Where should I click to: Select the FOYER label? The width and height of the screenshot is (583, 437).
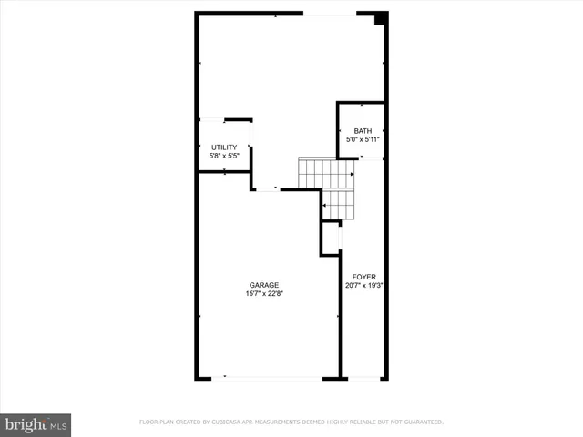[364, 276]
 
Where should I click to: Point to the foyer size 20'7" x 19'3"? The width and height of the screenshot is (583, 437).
[364, 285]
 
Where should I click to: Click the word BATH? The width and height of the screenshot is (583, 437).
[363, 131]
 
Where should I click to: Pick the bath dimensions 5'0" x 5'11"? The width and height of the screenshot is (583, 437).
[363, 140]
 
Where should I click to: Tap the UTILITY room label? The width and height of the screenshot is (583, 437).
[224, 147]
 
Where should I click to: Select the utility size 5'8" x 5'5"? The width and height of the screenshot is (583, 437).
[224, 157]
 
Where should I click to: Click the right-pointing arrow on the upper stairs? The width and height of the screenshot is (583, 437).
[351, 172]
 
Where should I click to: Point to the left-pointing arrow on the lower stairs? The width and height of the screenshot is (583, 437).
[324, 206]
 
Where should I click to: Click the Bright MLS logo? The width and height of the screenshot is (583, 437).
[36, 424]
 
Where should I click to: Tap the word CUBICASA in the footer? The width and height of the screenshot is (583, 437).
[229, 422]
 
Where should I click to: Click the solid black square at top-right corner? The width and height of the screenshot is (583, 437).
[382, 17]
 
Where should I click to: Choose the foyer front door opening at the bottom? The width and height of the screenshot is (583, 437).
[364, 378]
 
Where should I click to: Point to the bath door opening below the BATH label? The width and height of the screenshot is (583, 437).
[371, 158]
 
